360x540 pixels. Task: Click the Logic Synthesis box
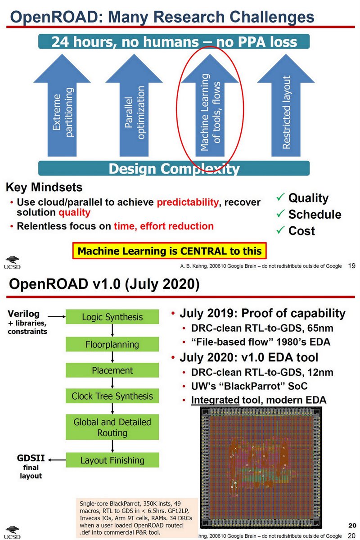click(112, 317)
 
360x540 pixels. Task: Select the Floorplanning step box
click(112, 345)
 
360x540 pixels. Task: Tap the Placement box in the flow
click(112, 370)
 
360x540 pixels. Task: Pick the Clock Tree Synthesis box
click(112, 396)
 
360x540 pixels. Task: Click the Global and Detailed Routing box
click(112, 427)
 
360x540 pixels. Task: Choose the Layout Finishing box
click(112, 460)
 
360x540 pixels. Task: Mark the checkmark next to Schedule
click(279, 214)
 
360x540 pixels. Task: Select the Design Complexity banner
click(173, 169)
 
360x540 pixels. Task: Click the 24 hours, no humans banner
click(174, 42)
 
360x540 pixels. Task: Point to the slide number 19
click(352, 266)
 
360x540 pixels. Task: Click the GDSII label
click(31, 459)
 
